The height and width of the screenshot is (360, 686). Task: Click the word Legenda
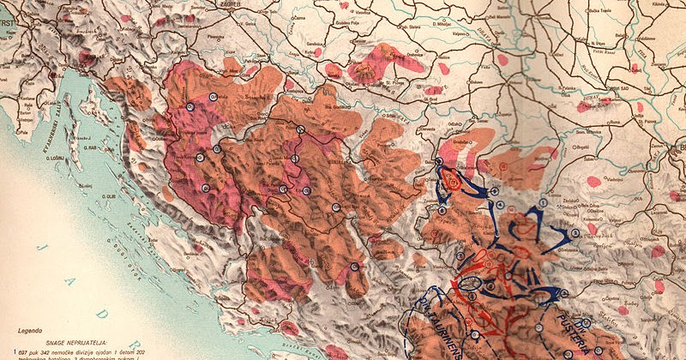pos(29,329)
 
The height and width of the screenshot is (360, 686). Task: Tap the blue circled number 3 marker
pos(574,233)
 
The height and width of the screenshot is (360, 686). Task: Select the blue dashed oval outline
pos(471,282)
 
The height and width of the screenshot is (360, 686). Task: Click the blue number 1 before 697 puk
pos(15,351)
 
